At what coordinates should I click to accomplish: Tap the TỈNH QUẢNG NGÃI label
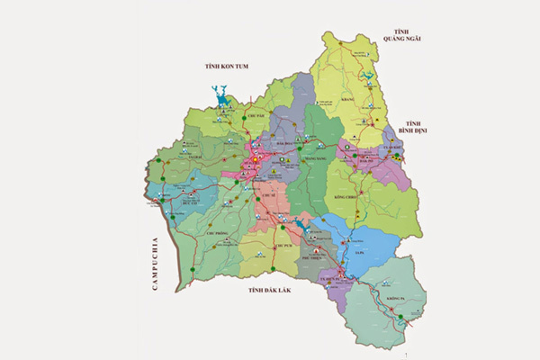coord(400,33)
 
